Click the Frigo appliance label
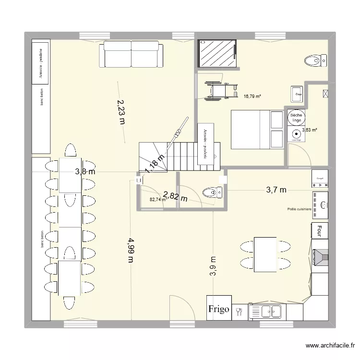pyautogui.click(x=219, y=308)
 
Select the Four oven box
pyautogui.click(x=319, y=230)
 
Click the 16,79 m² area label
pyautogui.click(x=252, y=96)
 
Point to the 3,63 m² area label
pyautogui.click(x=310, y=130)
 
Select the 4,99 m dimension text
pyautogui.click(x=131, y=250)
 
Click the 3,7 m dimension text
pyautogui.click(x=276, y=190)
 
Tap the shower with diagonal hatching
pyautogui.click(x=217, y=53)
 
